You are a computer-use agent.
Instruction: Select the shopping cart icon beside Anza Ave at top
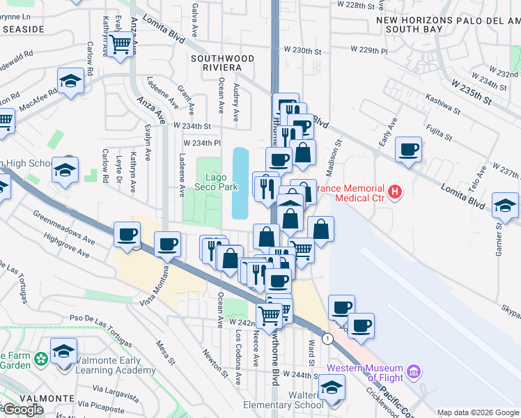point(121,45)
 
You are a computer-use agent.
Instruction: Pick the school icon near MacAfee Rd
point(71,83)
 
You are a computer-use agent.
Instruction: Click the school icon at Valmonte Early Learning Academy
point(64,353)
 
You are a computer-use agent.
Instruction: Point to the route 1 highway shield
point(328,338)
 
